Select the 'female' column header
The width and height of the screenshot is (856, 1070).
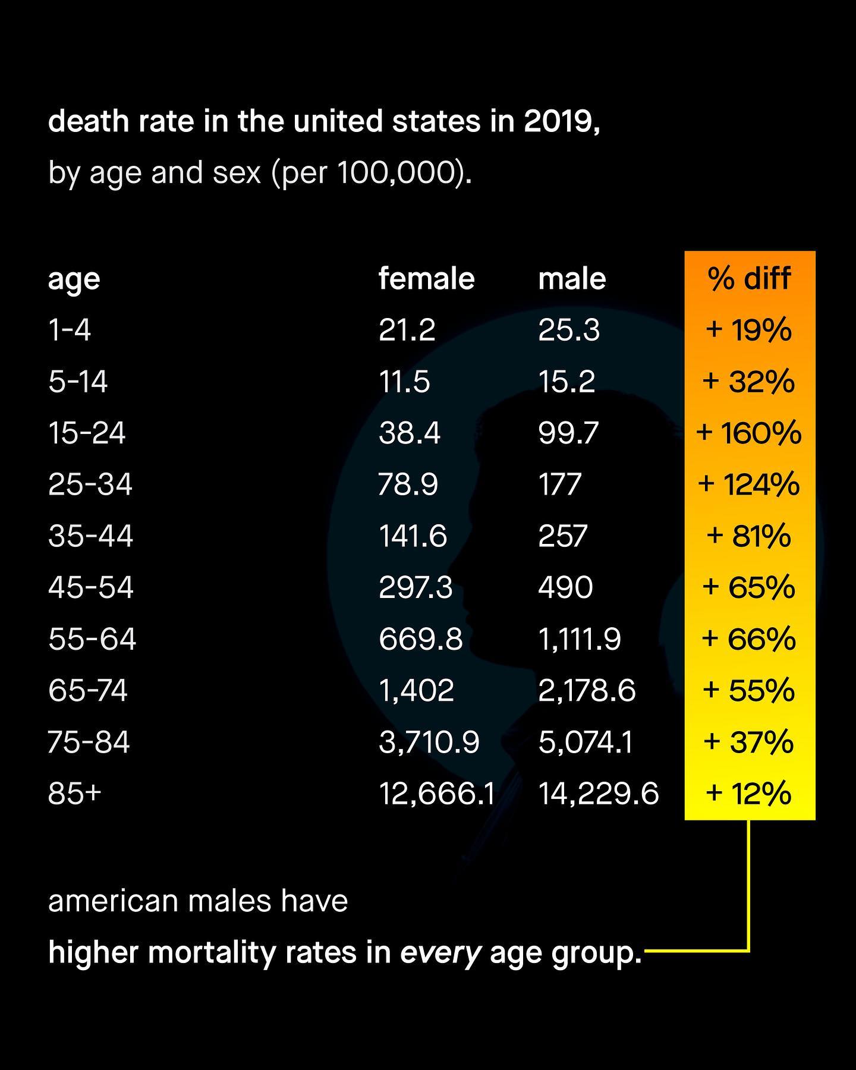click(426, 278)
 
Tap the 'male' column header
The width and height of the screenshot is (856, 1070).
click(572, 278)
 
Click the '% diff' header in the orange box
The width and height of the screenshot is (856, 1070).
click(749, 278)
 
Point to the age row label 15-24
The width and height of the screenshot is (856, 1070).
click(87, 433)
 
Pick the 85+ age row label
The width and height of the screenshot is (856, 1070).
click(75, 794)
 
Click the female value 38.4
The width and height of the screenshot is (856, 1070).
click(410, 433)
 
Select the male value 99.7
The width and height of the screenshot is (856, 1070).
click(568, 433)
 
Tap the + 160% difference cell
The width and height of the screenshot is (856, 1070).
click(749, 433)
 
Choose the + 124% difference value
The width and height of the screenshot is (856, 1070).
click(749, 484)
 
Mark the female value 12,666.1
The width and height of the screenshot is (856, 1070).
click(437, 794)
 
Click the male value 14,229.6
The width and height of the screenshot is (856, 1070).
click(599, 794)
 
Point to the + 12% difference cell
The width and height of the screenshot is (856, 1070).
click(749, 794)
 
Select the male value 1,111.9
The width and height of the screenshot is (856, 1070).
click(580, 639)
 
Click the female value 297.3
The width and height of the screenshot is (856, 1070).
click(416, 587)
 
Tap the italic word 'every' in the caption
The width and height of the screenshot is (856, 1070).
click(440, 953)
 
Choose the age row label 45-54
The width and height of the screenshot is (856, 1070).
click(91, 587)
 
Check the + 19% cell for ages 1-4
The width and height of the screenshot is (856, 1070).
click(749, 330)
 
